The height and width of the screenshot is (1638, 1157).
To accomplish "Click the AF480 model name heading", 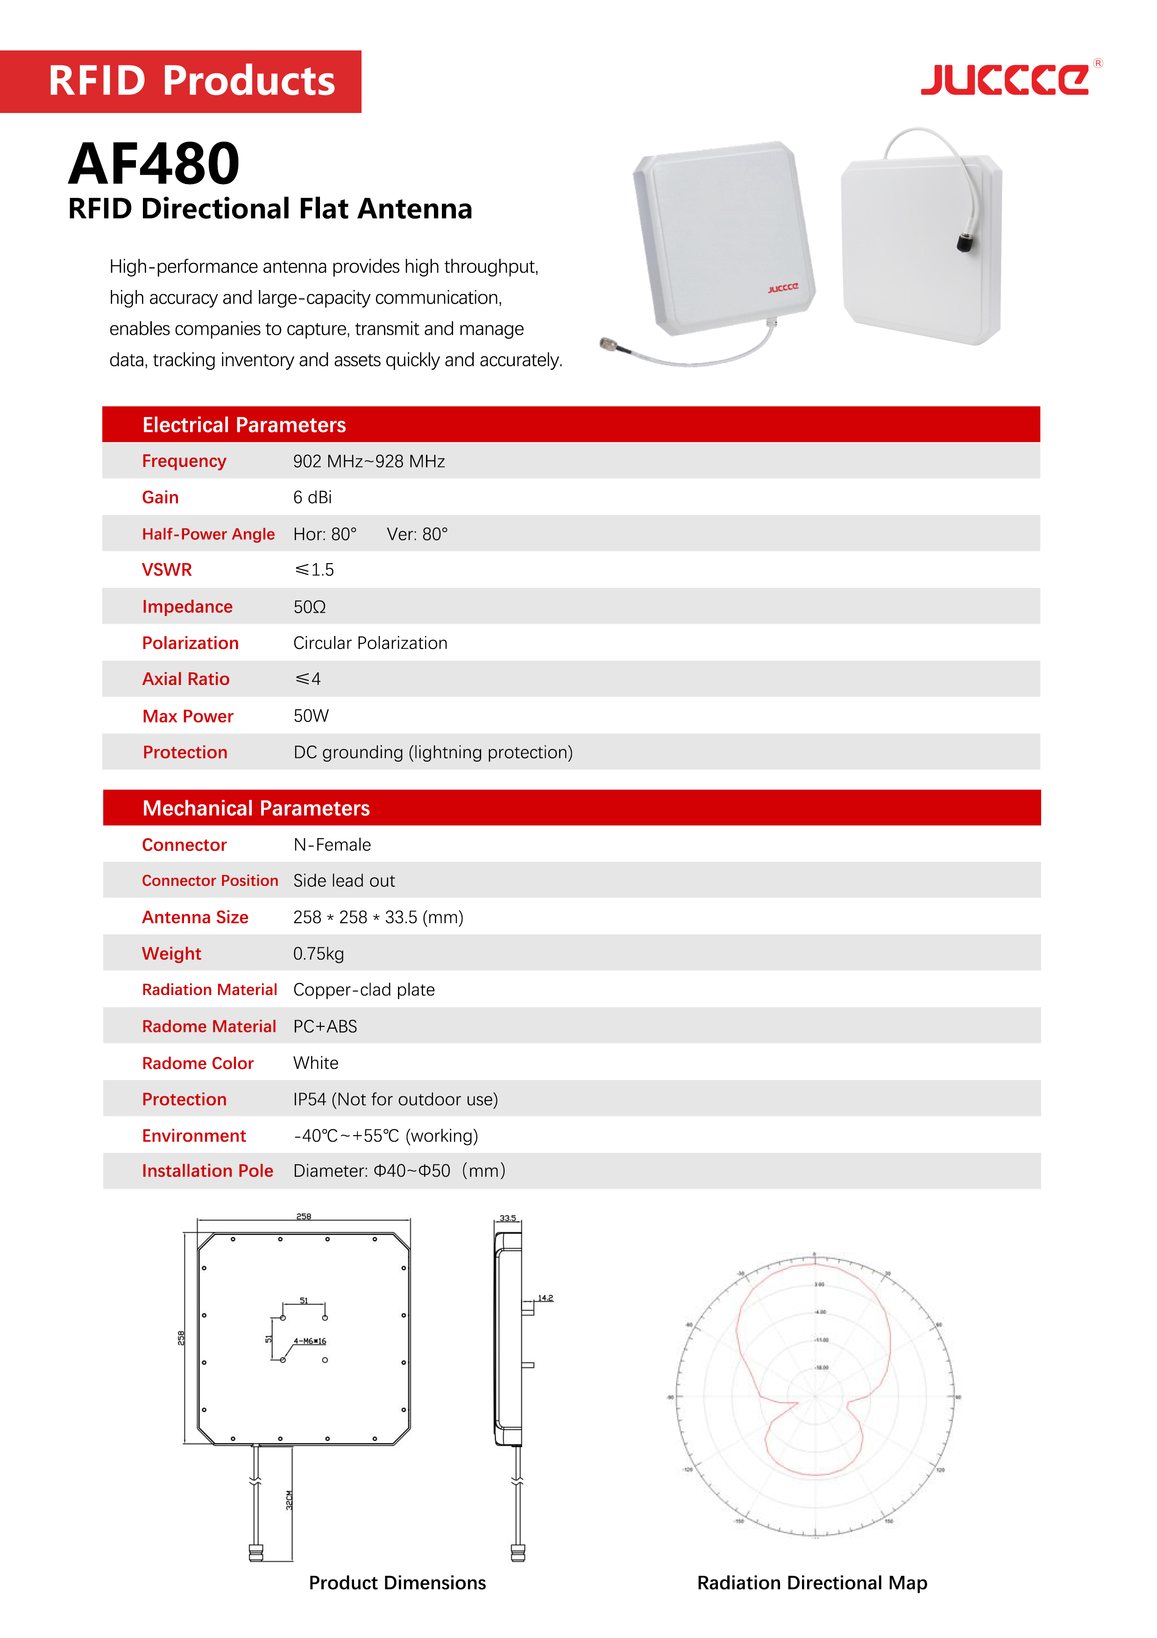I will [x=154, y=163].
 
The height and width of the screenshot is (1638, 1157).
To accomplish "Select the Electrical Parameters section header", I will [x=244, y=425].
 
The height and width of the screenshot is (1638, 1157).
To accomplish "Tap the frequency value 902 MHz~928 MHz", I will [x=369, y=462].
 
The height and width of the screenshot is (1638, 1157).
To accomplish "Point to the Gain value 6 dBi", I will [x=312, y=497].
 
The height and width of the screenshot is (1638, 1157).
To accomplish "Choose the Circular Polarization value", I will [x=370, y=643].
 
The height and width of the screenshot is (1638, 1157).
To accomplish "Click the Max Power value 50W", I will [x=311, y=715].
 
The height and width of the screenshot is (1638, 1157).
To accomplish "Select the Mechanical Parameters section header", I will [x=256, y=808].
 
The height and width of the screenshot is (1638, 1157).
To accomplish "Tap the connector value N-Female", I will [x=333, y=845].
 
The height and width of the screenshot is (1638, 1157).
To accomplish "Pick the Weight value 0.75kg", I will [x=319, y=954].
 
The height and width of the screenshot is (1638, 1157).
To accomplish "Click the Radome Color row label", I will [x=198, y=1063].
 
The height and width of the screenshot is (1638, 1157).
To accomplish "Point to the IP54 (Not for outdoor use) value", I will [x=396, y=1099].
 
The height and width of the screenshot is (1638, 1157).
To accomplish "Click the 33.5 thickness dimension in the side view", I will [x=507, y=1218].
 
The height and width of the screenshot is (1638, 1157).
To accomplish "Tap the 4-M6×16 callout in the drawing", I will [x=310, y=1341].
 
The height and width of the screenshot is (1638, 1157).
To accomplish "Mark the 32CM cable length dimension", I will [x=289, y=1500].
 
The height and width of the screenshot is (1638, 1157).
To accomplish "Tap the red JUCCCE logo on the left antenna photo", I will [x=783, y=288].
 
